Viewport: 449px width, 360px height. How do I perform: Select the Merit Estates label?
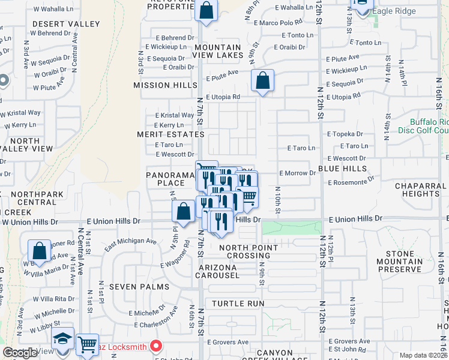163,134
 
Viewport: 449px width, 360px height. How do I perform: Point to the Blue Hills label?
342,169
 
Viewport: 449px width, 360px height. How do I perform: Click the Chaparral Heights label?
420,190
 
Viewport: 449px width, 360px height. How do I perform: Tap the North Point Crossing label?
249,251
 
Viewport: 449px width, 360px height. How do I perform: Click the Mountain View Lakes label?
218,51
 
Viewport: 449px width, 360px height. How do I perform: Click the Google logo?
20,353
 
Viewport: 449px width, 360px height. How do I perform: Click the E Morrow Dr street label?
298,173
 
